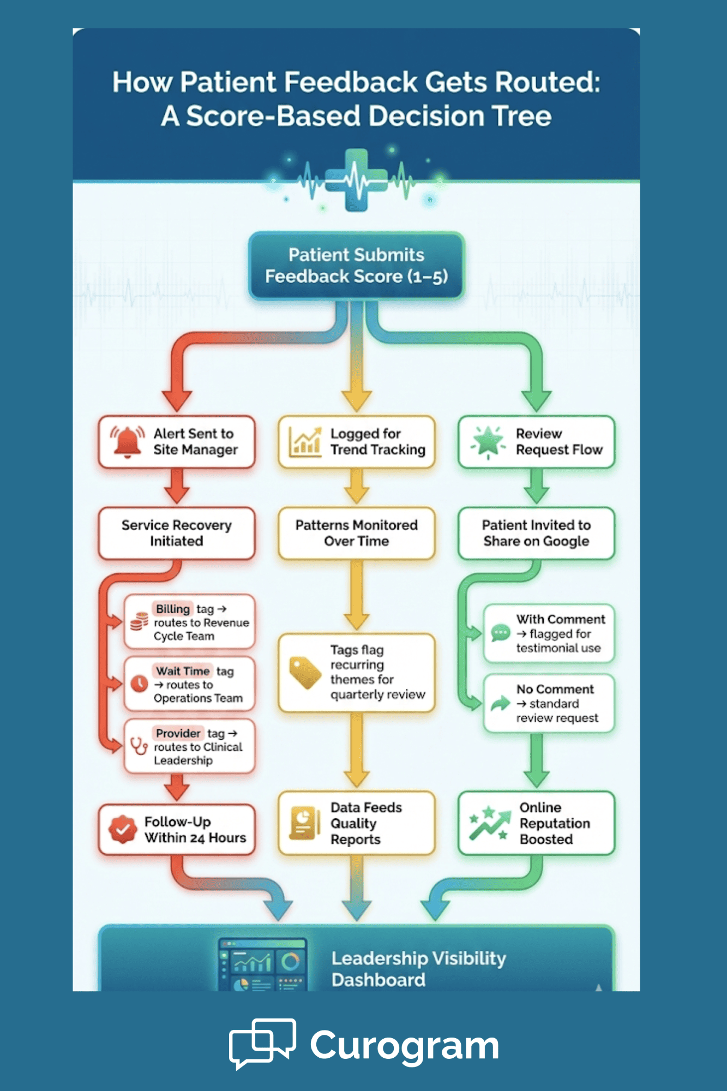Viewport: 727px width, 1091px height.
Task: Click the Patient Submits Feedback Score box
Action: tap(356, 266)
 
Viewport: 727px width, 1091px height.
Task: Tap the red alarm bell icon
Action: tap(127, 441)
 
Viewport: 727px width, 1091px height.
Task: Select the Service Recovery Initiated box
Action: tap(177, 533)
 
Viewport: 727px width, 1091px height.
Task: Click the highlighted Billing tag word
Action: tap(172, 609)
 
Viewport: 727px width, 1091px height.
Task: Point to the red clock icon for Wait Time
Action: tap(140, 683)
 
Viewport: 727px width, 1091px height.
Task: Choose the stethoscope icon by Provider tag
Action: tap(139, 745)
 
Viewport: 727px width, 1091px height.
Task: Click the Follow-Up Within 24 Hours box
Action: tap(177, 829)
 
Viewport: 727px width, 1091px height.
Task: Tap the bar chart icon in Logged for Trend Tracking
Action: tap(304, 442)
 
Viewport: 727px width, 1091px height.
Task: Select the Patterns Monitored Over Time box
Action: tap(356, 533)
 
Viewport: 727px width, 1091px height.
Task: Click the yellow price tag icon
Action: tap(304, 672)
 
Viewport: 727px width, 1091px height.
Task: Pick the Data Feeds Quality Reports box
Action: tap(356, 823)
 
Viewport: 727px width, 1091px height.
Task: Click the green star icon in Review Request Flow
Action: tap(487, 441)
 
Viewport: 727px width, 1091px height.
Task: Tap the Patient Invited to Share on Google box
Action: tap(536, 533)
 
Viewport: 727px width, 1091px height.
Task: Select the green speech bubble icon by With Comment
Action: tap(500, 633)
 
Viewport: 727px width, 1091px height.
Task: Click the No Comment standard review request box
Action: tap(549, 703)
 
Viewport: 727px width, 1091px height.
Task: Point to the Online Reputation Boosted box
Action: tap(536, 823)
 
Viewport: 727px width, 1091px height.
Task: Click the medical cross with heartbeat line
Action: tap(356, 180)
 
